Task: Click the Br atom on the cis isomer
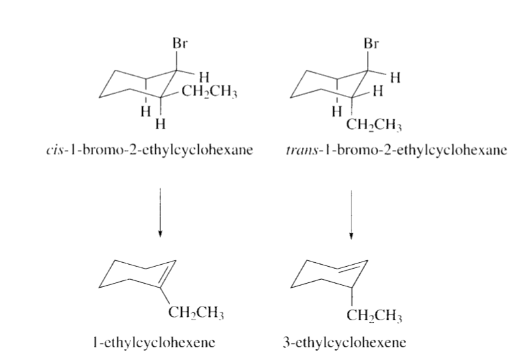tap(180, 43)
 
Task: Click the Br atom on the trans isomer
tap(372, 43)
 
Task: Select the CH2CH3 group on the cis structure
tap(209, 91)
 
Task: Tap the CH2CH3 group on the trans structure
tap(374, 125)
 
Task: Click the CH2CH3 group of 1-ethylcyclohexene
tap(196, 312)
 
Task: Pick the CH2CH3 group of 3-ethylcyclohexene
tap(374, 316)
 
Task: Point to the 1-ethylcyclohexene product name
tap(155, 342)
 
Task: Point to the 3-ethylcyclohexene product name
tap(344, 342)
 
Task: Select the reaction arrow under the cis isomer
tap(160, 212)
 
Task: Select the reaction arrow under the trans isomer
tap(351, 214)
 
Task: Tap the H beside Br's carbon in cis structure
tap(205, 77)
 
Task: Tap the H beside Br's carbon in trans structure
tap(395, 78)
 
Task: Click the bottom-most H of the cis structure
tap(160, 125)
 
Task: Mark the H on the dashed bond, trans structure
tap(336, 112)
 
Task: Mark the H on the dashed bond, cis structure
tap(145, 112)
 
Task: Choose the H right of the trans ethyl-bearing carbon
tap(378, 91)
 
